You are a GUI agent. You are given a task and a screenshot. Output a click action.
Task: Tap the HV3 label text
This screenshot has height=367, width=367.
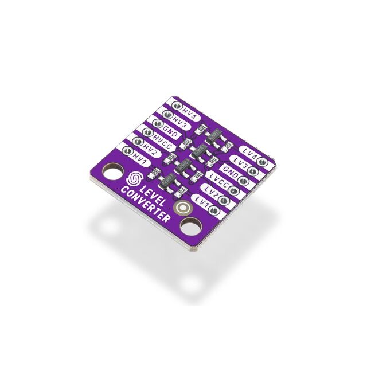tap(180, 122)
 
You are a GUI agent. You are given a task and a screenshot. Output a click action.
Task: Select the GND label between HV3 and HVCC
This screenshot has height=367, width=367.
tap(170, 130)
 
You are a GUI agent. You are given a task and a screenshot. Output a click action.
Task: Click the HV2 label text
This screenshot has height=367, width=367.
tap(150, 147)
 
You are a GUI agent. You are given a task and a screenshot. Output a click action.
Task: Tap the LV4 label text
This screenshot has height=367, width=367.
tap(249, 152)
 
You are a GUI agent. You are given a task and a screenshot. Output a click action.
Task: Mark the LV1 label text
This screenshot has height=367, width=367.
tap(202, 201)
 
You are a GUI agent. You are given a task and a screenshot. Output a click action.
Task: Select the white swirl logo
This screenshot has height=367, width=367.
tap(135, 178)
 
